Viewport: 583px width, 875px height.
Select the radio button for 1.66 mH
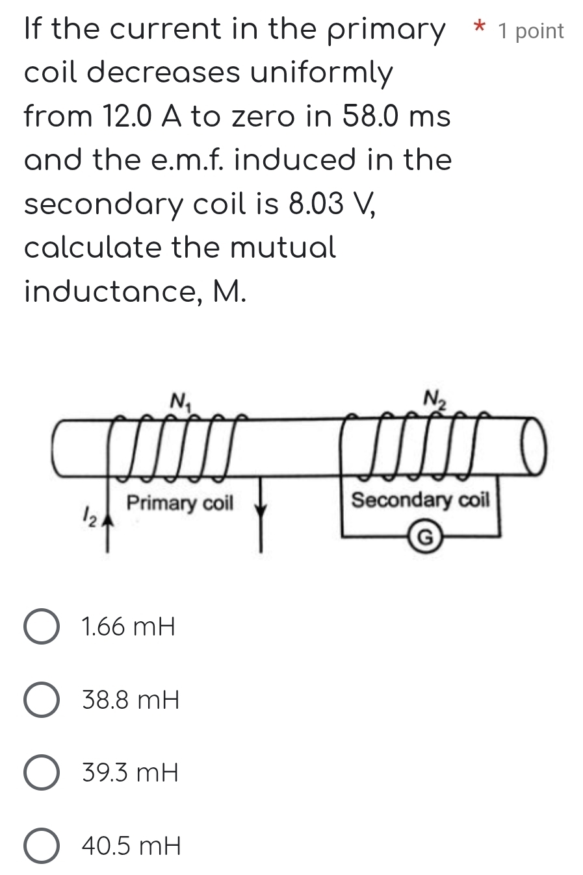coord(42,628)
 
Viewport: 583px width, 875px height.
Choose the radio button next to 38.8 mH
coord(42,701)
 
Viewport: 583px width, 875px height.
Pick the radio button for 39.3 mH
coord(42,774)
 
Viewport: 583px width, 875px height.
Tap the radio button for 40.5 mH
coord(42,846)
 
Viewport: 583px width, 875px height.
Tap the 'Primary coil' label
coord(179,503)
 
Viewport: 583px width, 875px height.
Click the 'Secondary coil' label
coord(420,500)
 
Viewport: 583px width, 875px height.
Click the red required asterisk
coord(480,28)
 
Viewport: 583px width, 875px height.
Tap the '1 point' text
coord(531,31)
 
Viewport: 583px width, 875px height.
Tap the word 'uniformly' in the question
coord(322,73)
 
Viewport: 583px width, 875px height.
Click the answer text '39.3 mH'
coord(130,774)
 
